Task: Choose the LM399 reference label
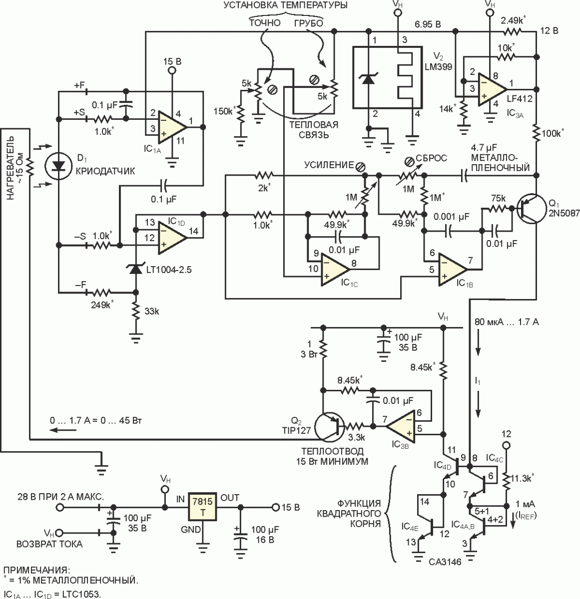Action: point(439,66)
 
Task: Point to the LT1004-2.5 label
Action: point(169,270)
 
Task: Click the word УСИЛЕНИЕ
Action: point(329,166)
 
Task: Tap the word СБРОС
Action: point(432,158)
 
